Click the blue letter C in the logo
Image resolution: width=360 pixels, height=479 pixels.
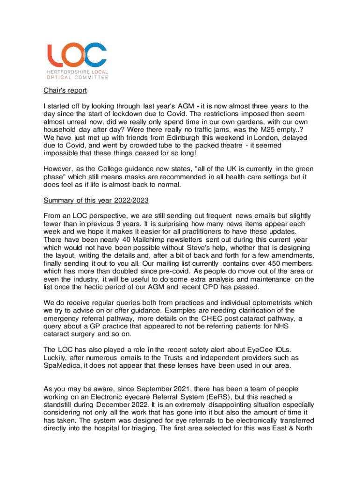click(x=95, y=55)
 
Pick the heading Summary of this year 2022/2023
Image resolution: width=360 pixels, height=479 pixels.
click(x=96, y=201)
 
